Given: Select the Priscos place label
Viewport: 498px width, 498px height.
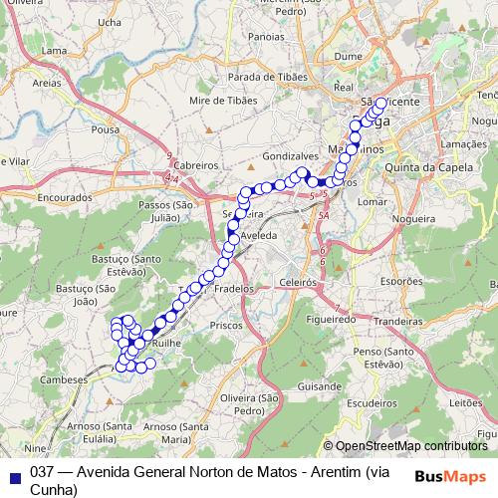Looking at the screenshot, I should tap(226, 325).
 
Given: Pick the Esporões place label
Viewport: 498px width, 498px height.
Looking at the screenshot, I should tap(402, 282).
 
